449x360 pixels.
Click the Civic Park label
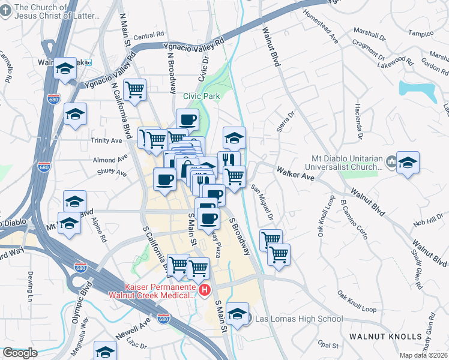pos(202,96)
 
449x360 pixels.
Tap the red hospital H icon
pos(205,291)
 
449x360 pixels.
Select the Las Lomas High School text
pos(299,319)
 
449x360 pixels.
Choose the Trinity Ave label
pos(107,140)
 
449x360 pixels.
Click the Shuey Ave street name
pos(112,173)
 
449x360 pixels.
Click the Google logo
pos(20,353)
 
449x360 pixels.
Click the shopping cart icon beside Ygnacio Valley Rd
pos(135,89)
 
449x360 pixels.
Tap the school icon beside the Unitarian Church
pos(408,162)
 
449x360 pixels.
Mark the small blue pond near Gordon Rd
pos(417,89)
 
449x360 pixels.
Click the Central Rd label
pos(145,37)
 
